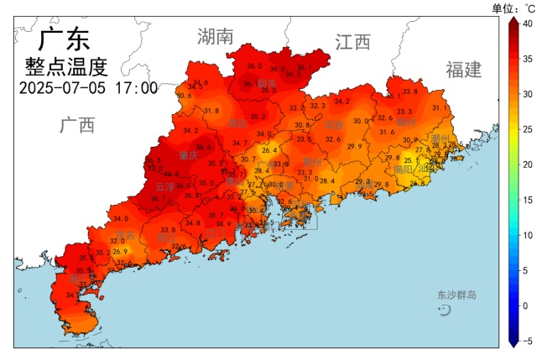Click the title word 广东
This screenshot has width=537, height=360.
coord(65,40)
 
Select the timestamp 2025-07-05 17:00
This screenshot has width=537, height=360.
coord(88,87)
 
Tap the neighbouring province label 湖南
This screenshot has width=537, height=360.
coord(215,36)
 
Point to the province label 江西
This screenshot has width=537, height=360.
coord(352,42)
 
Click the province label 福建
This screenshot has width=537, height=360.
coord(464,70)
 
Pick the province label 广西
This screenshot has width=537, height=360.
coord(77,125)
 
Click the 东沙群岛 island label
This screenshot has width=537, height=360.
coord(456,295)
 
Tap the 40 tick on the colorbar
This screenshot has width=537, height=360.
coord(525,23)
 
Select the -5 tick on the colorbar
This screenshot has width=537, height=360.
coord(525,341)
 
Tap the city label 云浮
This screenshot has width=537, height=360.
coord(165,187)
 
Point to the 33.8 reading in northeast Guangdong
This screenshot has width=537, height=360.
coord(409,91)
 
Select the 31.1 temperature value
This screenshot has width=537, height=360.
coord(439,107)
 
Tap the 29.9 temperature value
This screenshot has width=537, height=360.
coord(354,146)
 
